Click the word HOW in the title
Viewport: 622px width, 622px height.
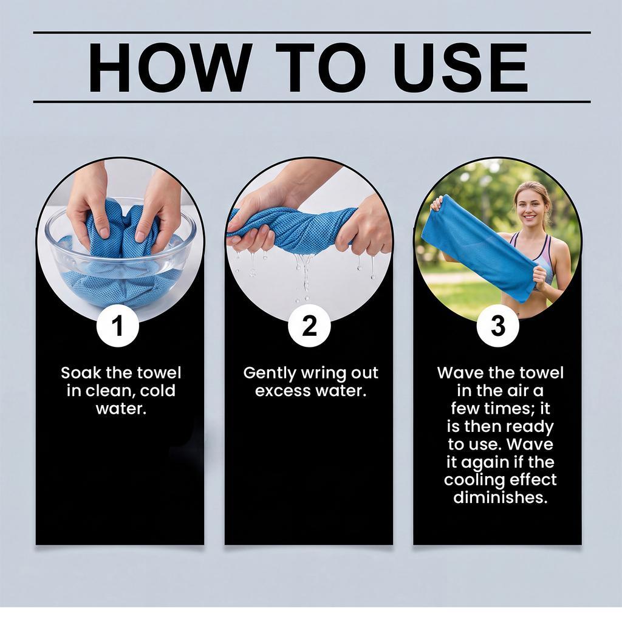point(170,67)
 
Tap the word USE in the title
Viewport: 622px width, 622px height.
point(460,67)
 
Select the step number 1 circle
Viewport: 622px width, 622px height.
point(117,326)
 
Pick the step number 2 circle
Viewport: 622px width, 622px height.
point(309,326)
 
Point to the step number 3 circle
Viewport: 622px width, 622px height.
point(497,326)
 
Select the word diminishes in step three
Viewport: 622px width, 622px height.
point(501,497)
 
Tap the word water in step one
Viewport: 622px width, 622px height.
point(121,409)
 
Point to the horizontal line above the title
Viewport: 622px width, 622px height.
point(312,33)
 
